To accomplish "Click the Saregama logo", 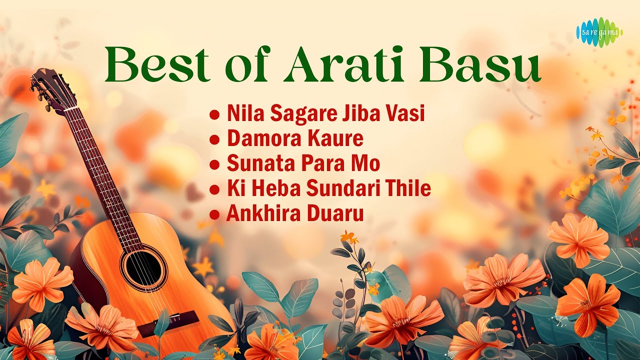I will pos(599,32).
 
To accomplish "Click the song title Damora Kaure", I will pos(295,138).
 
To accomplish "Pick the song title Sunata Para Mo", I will pos(303,163).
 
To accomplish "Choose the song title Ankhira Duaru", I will pos(294,213).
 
